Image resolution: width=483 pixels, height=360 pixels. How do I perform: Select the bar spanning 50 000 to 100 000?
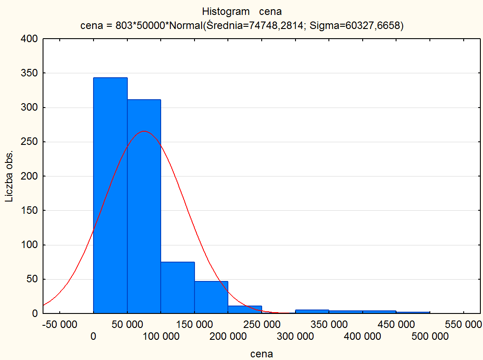point(144,206)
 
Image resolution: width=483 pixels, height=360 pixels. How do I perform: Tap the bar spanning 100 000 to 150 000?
point(177,288)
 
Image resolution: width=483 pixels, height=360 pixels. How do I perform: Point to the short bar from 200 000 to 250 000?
point(245,310)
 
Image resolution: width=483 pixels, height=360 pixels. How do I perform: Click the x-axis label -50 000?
point(59,325)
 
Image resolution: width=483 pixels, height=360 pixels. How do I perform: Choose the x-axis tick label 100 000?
point(161,337)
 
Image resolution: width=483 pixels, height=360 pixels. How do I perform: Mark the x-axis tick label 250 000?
point(262,325)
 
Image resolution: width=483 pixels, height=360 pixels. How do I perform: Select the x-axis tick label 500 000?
point(430,337)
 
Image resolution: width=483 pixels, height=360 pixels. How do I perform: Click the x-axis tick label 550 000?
point(464,325)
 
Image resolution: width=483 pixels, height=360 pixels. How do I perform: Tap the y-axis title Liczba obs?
point(9,176)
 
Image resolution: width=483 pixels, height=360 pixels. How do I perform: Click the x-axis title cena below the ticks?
point(262,354)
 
